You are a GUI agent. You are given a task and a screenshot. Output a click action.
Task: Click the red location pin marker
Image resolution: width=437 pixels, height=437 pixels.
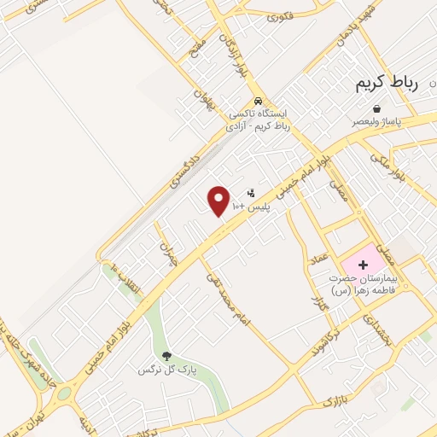click(x=219, y=200)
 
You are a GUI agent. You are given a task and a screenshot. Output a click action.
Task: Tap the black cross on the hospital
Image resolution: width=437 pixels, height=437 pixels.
click(x=363, y=265)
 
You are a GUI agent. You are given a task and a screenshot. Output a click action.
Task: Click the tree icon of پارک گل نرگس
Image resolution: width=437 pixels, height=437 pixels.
click(x=166, y=357)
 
